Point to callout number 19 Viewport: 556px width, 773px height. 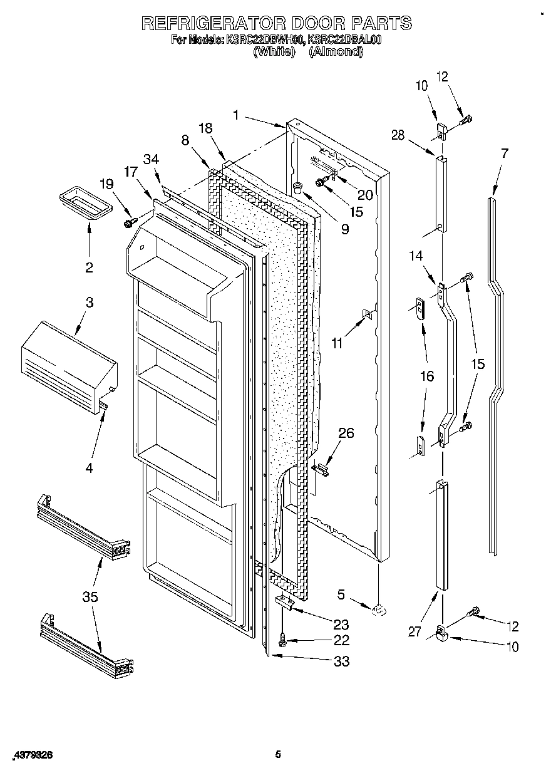click(x=107, y=184)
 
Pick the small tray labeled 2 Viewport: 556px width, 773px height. click(x=83, y=204)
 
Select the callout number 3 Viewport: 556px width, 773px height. click(x=90, y=303)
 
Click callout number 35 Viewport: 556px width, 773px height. click(x=91, y=597)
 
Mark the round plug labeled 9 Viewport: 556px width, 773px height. click(x=298, y=186)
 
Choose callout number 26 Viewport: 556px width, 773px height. click(x=346, y=433)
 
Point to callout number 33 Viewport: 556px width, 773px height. click(x=341, y=661)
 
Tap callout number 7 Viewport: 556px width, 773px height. click(x=505, y=153)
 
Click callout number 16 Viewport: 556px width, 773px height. click(x=426, y=376)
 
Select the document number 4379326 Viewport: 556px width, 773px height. click(x=31, y=755)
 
